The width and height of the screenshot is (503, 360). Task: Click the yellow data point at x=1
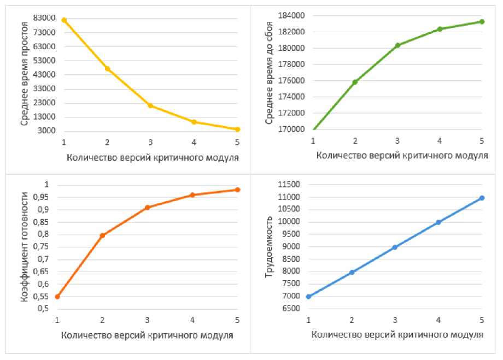click(x=64, y=20)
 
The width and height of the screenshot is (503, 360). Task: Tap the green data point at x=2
click(x=355, y=82)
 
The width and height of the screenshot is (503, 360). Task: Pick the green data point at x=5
click(x=482, y=22)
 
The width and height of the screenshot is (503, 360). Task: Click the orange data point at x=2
click(x=102, y=235)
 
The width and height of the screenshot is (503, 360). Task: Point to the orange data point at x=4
click(x=192, y=195)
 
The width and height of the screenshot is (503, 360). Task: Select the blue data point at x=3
click(x=395, y=247)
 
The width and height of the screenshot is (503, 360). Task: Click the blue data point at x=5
click(x=482, y=198)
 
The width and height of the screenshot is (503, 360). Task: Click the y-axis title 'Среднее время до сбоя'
click(x=268, y=74)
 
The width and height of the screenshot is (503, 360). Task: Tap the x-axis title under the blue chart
click(x=397, y=334)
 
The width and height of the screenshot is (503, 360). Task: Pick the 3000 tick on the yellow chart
click(x=48, y=131)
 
